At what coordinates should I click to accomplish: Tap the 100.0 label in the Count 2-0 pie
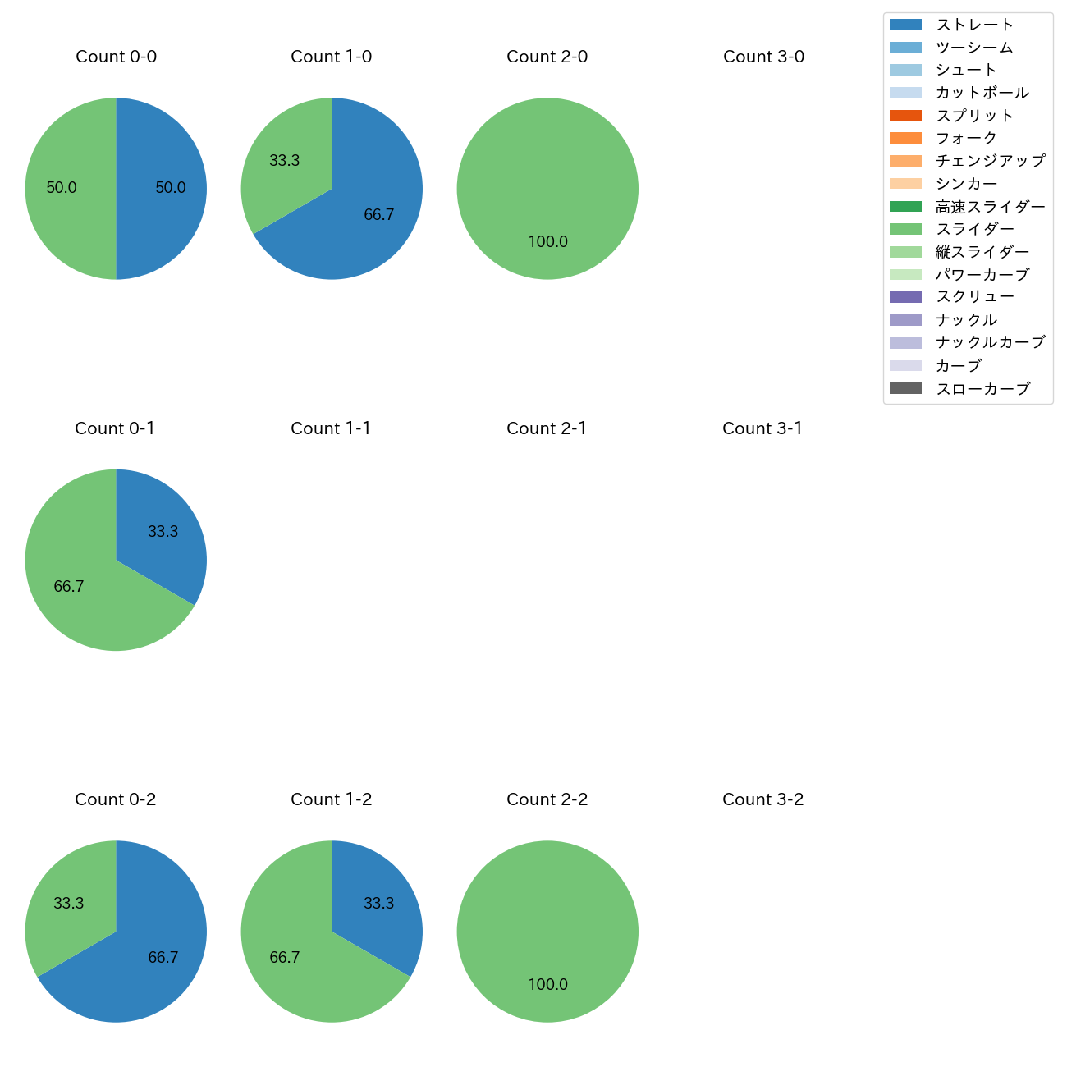(x=547, y=241)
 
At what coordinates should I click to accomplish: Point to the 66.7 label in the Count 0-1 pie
(x=69, y=586)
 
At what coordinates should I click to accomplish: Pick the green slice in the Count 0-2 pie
(x=70, y=903)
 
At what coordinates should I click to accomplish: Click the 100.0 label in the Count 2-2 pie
(x=547, y=984)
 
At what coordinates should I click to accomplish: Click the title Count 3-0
(x=763, y=57)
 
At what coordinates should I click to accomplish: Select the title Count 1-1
(x=331, y=428)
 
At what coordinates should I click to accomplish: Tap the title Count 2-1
(x=547, y=428)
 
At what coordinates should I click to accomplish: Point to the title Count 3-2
(x=762, y=799)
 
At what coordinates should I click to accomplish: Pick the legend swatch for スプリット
(x=905, y=116)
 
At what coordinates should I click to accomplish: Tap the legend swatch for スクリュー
(x=905, y=297)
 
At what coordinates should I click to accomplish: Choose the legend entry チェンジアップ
(x=990, y=161)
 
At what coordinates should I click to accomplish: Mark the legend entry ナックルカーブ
(x=990, y=343)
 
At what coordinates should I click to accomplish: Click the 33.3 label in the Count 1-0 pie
(x=285, y=161)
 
